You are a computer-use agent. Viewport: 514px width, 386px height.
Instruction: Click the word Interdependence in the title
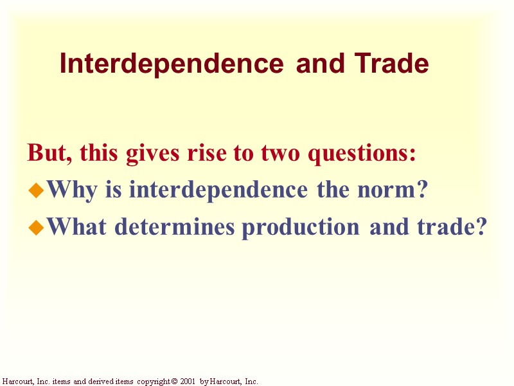171,64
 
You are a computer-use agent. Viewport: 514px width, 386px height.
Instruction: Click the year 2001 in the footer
188,381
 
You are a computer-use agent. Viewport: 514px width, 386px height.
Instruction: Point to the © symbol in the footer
173,381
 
